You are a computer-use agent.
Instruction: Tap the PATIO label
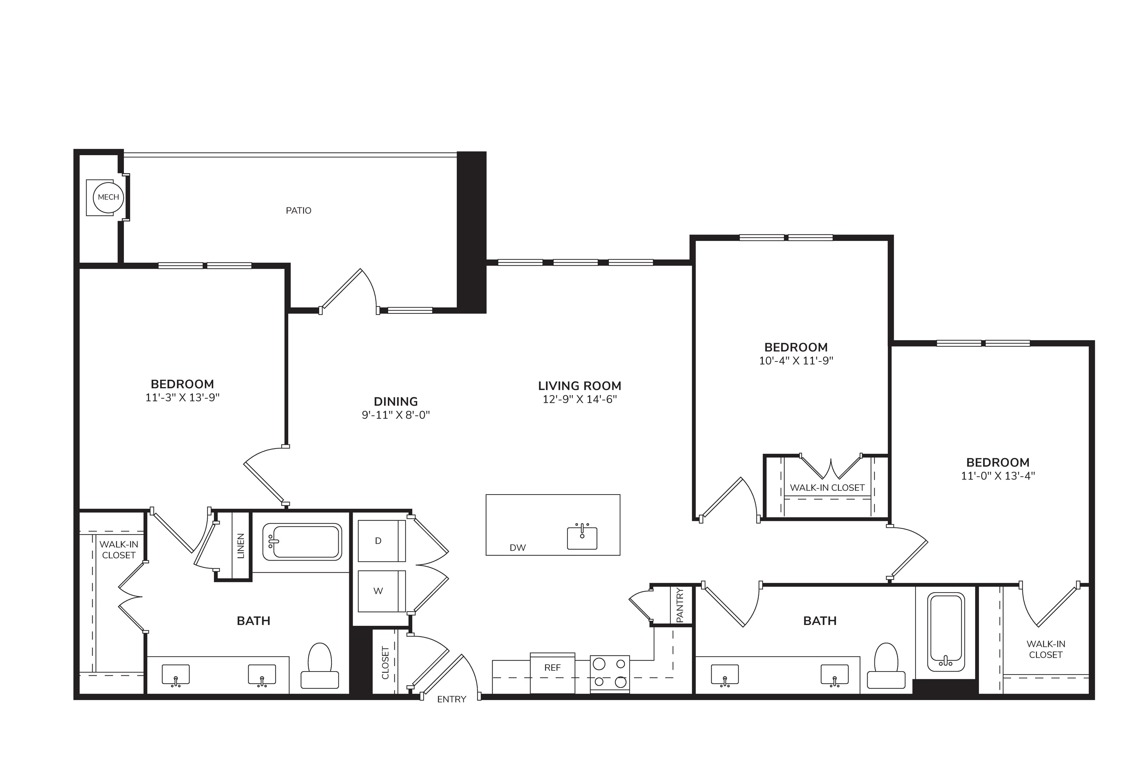tap(299, 210)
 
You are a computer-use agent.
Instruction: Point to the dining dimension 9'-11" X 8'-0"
tap(396, 415)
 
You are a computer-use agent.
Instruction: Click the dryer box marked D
tap(381, 541)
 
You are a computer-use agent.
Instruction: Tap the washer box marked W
tap(381, 591)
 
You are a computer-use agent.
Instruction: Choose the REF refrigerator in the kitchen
tap(553, 673)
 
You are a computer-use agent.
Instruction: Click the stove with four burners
tap(610, 674)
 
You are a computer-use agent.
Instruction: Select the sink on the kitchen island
tap(582, 537)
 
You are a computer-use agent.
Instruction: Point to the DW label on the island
tap(517, 548)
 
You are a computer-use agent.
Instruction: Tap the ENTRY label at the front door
tap(451, 699)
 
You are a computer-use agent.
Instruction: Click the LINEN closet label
tap(241, 546)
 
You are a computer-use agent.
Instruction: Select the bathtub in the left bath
tap(302, 542)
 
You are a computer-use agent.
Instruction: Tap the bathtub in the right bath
tap(946, 631)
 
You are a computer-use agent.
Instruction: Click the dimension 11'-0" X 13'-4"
tap(998, 476)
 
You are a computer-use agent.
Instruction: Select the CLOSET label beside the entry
tap(386, 663)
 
